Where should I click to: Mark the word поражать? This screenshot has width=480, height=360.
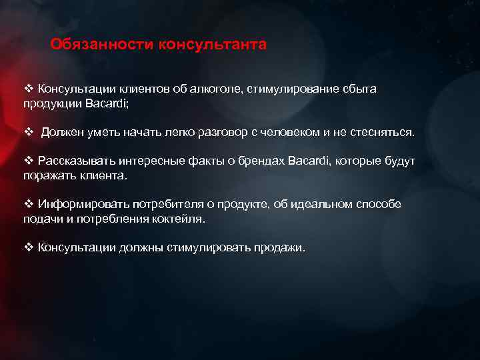pos(49,175)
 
